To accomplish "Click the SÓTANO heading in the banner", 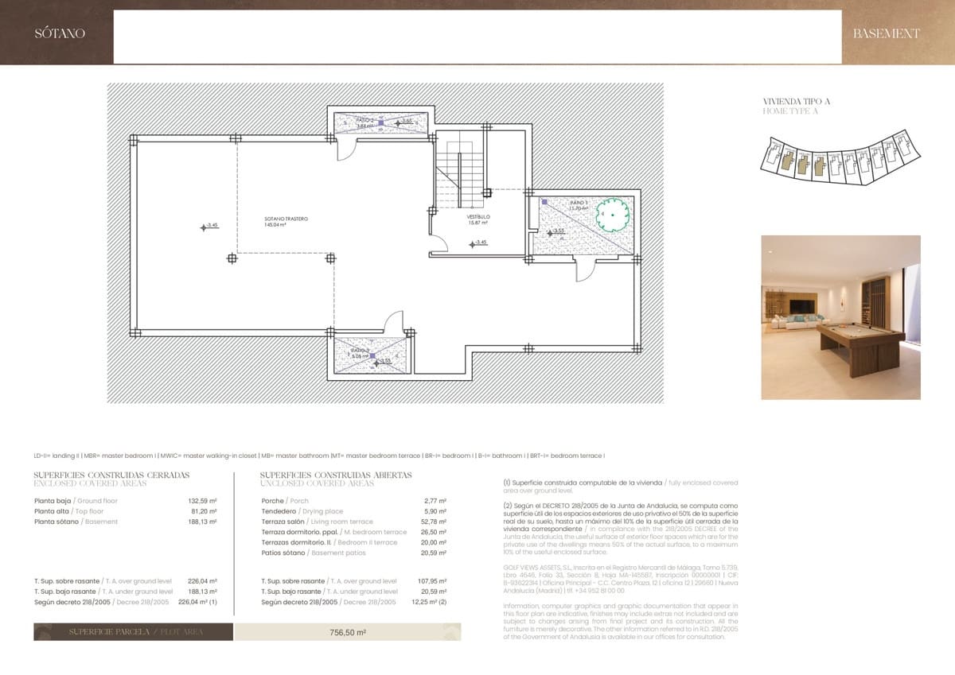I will [x=60, y=33].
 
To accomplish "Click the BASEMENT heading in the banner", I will [x=886, y=33].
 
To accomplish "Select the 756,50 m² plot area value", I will [x=347, y=633].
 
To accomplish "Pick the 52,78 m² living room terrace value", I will [x=435, y=522].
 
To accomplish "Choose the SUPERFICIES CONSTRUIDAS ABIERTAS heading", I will [x=336, y=475].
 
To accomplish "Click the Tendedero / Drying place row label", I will [x=302, y=511].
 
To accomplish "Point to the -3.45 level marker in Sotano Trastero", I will [x=209, y=227].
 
